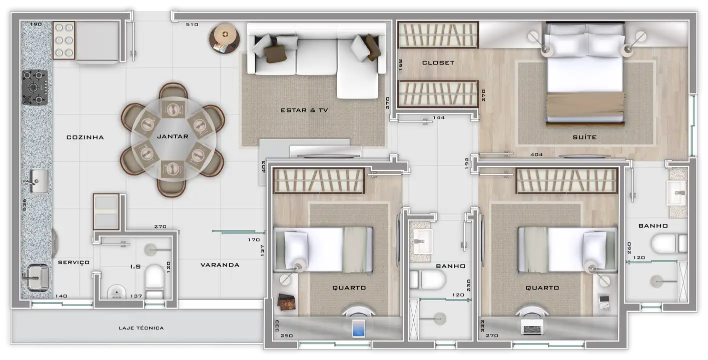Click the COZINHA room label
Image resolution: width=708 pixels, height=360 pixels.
tap(85, 137)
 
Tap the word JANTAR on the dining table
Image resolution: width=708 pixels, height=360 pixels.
tap(173, 136)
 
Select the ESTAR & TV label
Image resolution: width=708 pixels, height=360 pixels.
tap(304, 110)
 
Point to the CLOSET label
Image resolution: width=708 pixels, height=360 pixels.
tap(438, 63)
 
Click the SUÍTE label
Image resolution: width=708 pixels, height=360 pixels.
tap(585, 137)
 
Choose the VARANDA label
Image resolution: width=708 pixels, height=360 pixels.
tap(220, 265)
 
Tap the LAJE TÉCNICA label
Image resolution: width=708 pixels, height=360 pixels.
tap(141, 328)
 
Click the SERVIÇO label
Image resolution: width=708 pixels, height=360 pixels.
tap(74, 262)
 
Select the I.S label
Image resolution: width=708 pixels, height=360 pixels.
tap(136, 267)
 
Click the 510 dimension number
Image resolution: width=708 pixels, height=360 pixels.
tap(192, 24)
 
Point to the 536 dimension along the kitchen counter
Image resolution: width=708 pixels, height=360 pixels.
tap(25, 204)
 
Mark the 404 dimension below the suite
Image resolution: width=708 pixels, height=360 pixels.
tap(536, 154)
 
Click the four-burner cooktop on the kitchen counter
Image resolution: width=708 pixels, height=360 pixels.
tap(35, 87)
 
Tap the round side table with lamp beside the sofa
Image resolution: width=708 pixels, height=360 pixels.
tap(225, 38)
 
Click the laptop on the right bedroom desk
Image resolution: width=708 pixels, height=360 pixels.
tap(532, 327)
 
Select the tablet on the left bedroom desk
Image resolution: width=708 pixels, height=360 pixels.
tap(358, 328)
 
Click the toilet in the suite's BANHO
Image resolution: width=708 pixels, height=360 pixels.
tap(669, 243)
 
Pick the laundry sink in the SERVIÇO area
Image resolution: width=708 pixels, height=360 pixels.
tap(38, 277)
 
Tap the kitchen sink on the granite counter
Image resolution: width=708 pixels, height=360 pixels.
tap(39, 181)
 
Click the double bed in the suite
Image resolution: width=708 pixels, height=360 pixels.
tap(585, 74)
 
